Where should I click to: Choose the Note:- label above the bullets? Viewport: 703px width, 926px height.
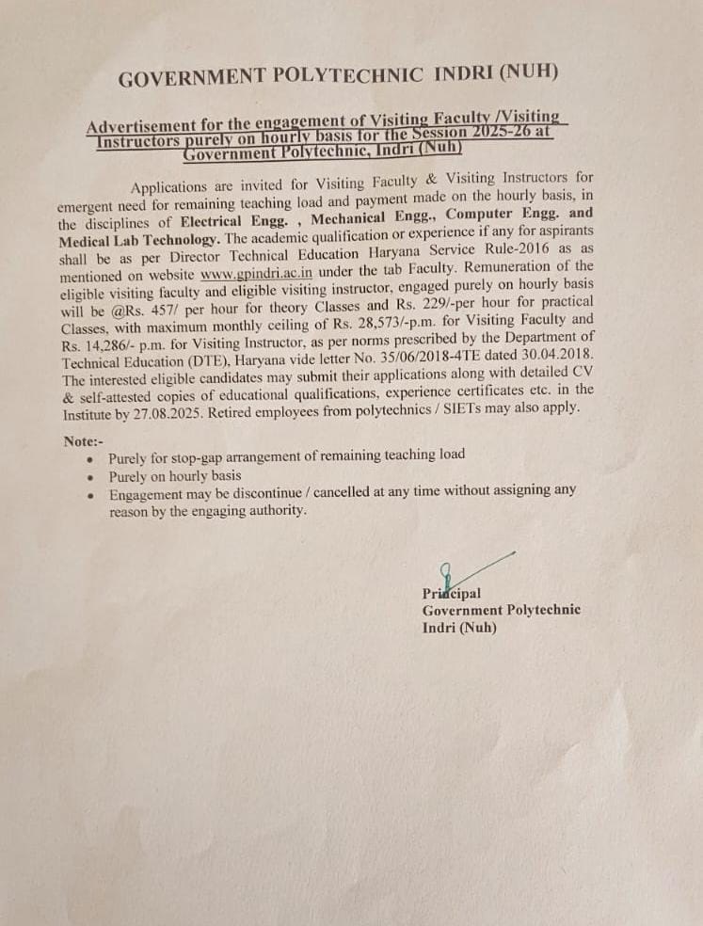(x=83, y=441)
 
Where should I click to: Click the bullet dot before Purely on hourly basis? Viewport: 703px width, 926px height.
(x=89, y=476)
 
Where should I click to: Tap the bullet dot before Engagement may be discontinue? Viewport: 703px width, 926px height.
(x=89, y=494)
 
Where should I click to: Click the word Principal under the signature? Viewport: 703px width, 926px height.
(x=452, y=593)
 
